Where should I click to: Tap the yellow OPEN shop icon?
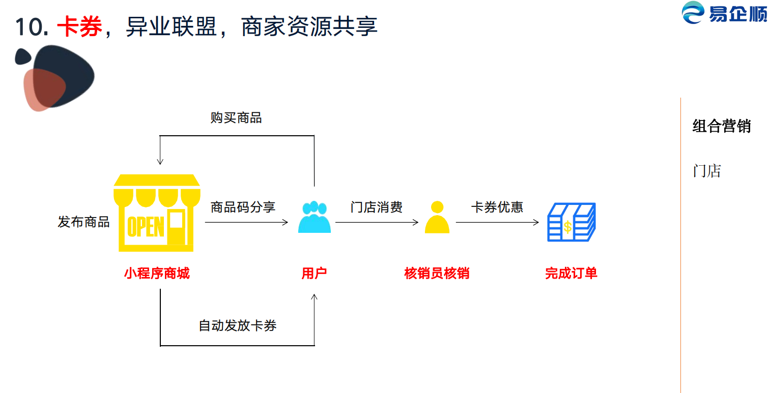(x=157, y=213)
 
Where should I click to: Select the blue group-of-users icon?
(x=314, y=217)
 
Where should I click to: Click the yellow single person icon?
(x=437, y=217)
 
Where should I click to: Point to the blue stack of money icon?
(x=571, y=222)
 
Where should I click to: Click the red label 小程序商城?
(x=157, y=274)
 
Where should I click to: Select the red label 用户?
(x=314, y=274)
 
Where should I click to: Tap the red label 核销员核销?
(x=437, y=274)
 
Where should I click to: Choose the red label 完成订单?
(x=571, y=274)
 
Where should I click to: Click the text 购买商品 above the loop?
(x=236, y=118)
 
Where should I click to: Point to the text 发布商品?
(x=83, y=222)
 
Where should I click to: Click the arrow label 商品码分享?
(x=243, y=207)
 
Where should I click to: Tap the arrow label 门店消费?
(x=377, y=207)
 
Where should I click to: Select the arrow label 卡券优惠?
(x=497, y=207)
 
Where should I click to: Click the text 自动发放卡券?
(x=238, y=326)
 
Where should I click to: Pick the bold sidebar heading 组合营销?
(x=722, y=126)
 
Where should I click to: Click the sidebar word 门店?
(x=707, y=171)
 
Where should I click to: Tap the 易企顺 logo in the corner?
(x=725, y=13)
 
